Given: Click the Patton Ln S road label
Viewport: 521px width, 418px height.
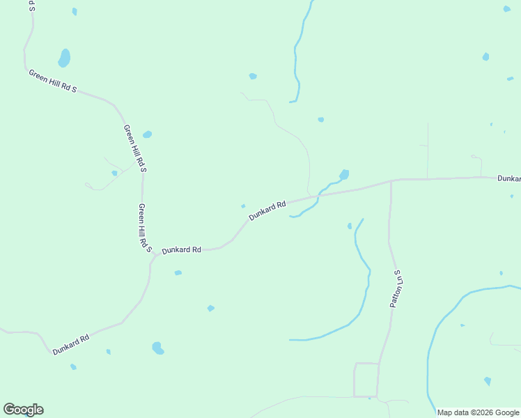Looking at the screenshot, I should click(397, 289).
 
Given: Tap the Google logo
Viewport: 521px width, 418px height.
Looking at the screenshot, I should click(23, 410).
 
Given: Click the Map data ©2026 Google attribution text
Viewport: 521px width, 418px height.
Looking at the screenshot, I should click(479, 412).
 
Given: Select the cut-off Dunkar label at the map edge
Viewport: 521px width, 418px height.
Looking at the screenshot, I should click(508, 179).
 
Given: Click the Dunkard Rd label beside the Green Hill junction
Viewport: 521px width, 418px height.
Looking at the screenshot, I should click(181, 249).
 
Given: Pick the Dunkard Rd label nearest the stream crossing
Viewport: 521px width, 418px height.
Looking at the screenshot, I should click(267, 211).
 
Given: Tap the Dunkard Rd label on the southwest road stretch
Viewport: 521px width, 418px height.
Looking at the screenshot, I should click(71, 344).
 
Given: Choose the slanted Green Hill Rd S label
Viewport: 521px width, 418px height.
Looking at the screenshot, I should click(52, 82).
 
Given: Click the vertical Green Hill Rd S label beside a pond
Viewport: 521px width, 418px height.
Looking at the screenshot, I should click(134, 148).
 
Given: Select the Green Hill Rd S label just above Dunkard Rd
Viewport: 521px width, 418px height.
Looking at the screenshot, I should click(145, 227).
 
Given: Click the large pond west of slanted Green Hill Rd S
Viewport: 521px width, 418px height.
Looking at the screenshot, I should click(64, 58).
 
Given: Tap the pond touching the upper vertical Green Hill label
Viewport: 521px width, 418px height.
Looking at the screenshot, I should click(147, 134).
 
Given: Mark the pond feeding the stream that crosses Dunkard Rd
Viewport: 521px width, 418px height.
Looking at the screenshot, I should click(343, 174).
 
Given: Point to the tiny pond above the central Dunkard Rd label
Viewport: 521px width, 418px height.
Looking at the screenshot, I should click(243, 206).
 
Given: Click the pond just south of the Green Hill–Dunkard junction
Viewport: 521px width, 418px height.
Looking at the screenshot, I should click(178, 272).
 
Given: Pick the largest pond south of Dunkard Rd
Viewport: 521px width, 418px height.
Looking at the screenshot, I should click(158, 348).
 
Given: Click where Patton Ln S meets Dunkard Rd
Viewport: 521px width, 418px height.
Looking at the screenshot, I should click(391, 181).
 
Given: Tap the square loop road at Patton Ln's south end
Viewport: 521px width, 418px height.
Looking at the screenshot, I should click(366, 380).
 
